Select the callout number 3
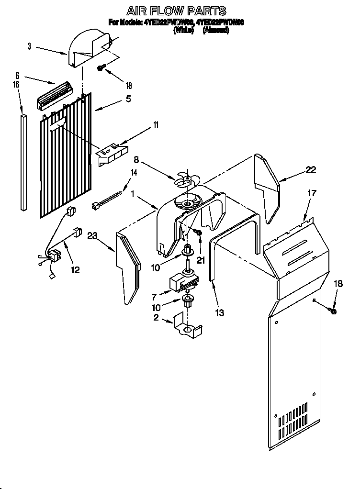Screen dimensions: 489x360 coord(29,46)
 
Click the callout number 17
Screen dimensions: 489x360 coord(312,193)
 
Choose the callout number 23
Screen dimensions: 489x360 coord(92,234)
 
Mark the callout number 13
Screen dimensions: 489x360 coord(220,313)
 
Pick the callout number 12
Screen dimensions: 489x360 coord(75,270)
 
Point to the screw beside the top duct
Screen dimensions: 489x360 coord(101,68)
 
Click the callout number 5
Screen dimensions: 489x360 coord(128,99)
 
